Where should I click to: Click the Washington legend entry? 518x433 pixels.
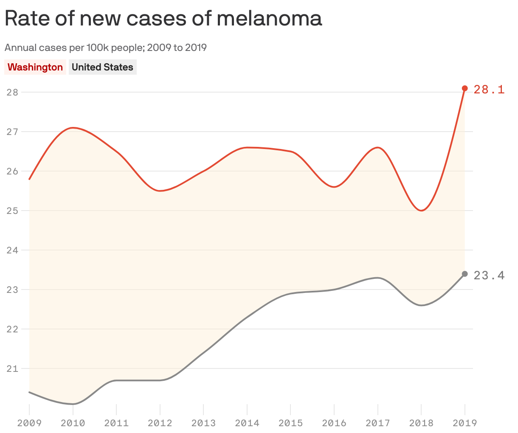[x=35, y=67]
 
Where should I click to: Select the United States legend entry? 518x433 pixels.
[x=102, y=67]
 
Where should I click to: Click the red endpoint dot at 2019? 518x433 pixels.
[x=465, y=88]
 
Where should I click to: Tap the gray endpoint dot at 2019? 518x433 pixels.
[x=465, y=274]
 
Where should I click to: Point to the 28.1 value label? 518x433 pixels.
[x=489, y=90]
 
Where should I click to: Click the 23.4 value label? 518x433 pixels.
[x=489, y=276]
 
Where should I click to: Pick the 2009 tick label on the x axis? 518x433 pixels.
[x=29, y=423]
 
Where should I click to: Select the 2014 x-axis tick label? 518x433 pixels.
[x=247, y=423]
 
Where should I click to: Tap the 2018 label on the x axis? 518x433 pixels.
[x=421, y=423]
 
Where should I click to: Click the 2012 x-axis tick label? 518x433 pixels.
[x=160, y=423]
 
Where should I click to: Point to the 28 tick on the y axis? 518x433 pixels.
[x=12, y=92]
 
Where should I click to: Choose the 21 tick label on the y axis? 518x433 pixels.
[x=12, y=368]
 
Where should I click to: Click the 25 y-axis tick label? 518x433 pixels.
[x=12, y=211]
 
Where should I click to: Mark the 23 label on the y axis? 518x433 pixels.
[x=12, y=290]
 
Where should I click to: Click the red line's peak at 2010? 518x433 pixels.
[x=73, y=127]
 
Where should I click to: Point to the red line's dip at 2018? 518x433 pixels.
[x=421, y=211]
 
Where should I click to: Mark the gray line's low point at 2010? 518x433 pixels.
[x=73, y=404]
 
